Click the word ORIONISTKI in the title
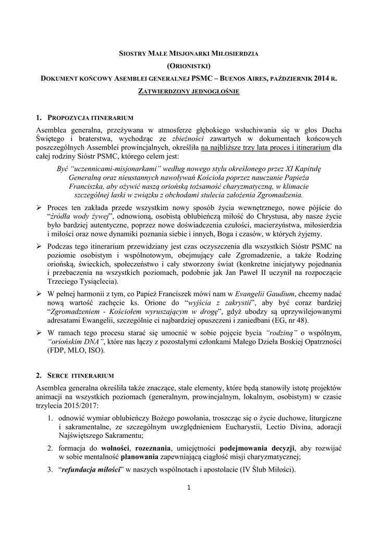pos(189,66)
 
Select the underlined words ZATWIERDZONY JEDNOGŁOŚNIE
pos(189,92)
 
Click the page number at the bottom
pos(189,488)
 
